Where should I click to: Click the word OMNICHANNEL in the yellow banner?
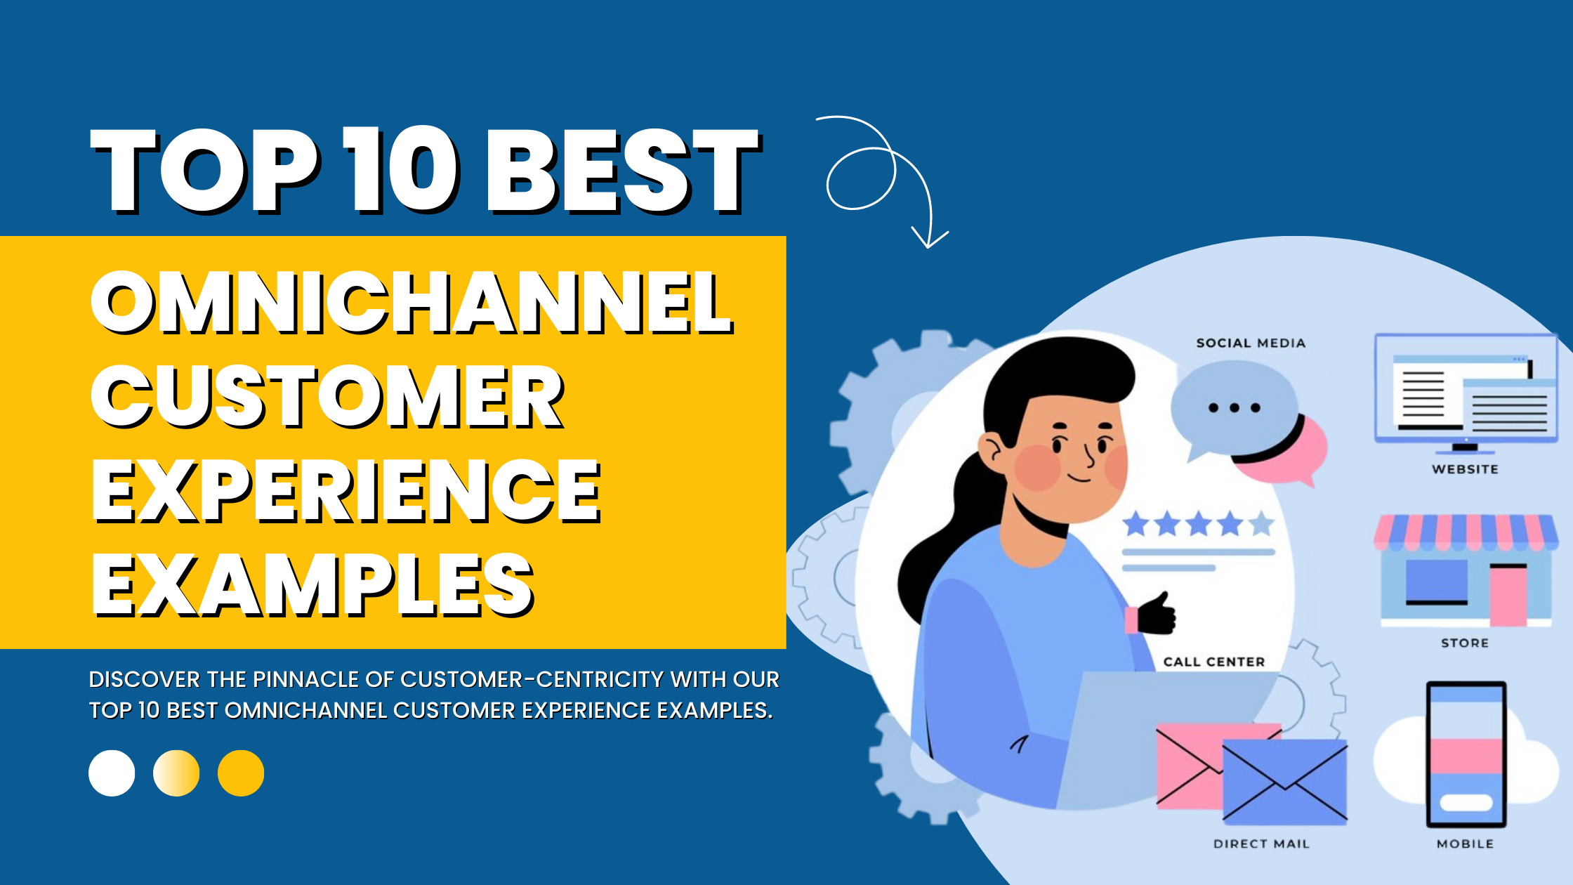point(412,303)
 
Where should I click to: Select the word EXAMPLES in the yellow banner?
point(312,584)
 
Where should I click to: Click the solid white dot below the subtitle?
point(112,773)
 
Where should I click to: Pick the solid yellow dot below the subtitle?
point(241,773)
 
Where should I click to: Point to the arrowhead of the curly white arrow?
point(929,242)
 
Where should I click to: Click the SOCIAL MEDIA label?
point(1251,343)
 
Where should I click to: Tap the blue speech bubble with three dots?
point(1232,407)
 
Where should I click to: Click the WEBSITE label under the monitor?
point(1465,469)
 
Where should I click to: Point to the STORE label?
point(1465,643)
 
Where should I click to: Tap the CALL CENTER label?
point(1214,662)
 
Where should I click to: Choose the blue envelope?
point(1285,781)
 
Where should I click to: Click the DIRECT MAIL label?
point(1261,844)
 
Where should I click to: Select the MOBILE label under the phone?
point(1465,844)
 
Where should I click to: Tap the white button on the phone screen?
point(1466,802)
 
